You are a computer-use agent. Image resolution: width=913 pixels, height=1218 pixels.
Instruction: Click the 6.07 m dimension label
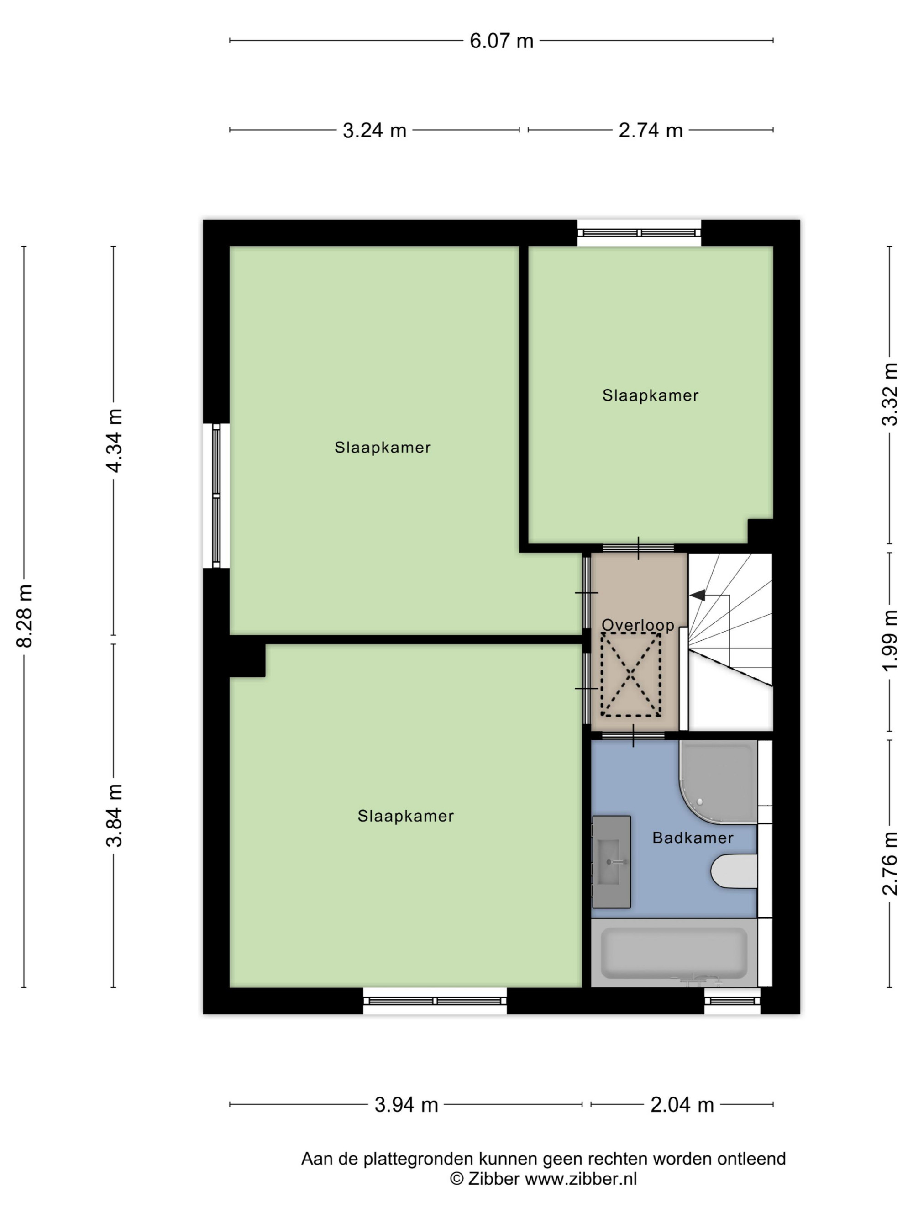pos(501,41)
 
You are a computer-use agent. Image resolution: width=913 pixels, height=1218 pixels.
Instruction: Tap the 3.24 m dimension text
pos(374,131)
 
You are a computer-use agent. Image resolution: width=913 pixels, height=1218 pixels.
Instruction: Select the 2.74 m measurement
pos(651,131)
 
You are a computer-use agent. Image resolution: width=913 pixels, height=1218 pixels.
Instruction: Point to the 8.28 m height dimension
pos(25,616)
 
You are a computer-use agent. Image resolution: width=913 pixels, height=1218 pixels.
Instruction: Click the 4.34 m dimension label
pos(115,441)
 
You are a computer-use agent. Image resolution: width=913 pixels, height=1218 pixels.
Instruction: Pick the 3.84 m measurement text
pos(115,815)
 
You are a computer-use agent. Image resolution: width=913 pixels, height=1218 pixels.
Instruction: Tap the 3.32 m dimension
pos(890,394)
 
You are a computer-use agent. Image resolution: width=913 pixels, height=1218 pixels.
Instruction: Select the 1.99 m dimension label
pos(890,640)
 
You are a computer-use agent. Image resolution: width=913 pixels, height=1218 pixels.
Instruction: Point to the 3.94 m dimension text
pos(406,1105)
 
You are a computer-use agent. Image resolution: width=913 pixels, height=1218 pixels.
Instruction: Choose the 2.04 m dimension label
pos(682,1105)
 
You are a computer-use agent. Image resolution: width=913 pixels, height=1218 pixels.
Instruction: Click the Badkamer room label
pos(693,838)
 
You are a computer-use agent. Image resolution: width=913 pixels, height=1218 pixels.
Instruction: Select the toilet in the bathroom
pos(734,871)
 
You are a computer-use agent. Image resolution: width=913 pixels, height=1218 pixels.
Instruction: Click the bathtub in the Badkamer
pos(674,953)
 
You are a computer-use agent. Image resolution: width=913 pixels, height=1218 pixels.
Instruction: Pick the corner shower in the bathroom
pos(718,782)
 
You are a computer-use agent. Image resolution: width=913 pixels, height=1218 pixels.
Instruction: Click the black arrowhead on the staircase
pos(697,595)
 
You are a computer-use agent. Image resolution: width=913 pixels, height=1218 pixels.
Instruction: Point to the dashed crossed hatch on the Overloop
pos(631,675)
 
